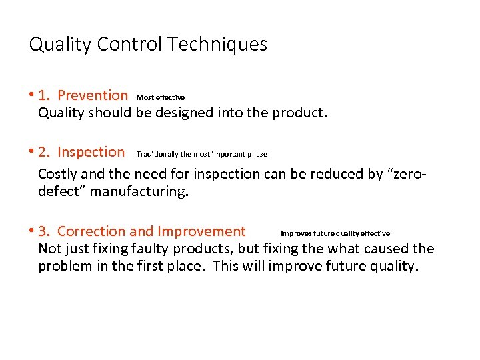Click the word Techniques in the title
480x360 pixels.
pos(217,45)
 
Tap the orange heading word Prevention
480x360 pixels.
pos(93,95)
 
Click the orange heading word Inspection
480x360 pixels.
pos(91,152)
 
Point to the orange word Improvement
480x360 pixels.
pos(201,231)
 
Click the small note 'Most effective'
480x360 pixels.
pos(161,97)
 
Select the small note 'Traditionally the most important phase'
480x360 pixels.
pos(201,154)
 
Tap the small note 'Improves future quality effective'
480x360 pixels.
pos(335,233)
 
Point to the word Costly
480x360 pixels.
pos(58,175)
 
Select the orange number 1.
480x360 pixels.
pos(43,95)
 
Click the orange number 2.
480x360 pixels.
pos(43,152)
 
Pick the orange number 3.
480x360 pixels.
pos(43,231)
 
